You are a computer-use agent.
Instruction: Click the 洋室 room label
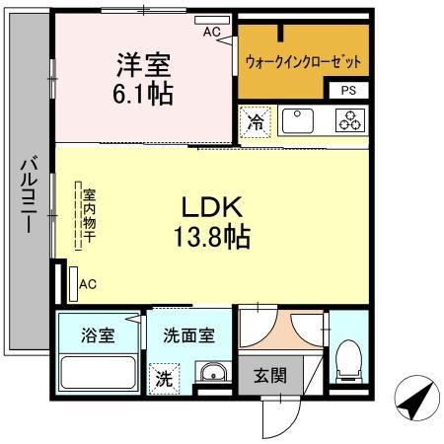144,66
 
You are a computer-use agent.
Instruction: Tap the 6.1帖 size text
144,96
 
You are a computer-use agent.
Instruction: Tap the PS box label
349,90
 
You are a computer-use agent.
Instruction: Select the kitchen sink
299,121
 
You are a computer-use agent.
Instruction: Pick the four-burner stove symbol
349,121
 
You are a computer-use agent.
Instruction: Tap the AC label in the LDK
87,284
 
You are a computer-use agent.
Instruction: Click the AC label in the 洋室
211,32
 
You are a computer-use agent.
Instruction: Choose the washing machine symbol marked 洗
163,377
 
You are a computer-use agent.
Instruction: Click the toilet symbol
349,360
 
